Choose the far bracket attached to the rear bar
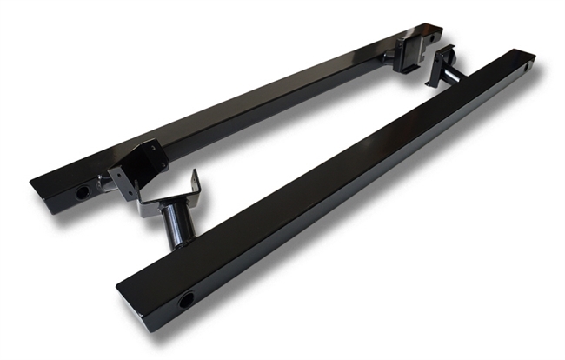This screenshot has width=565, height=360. (409, 52)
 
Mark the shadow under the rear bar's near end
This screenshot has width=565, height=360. (70, 205)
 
